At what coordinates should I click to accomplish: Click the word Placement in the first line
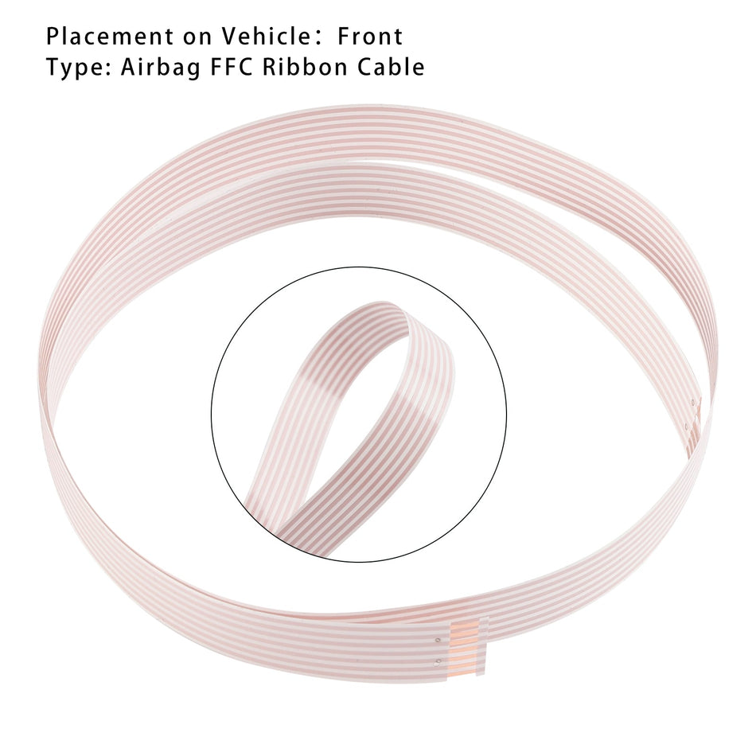(x=110, y=37)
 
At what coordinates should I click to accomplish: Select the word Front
(x=370, y=37)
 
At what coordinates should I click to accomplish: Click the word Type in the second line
(x=76, y=68)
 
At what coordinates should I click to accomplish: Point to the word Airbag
(x=160, y=68)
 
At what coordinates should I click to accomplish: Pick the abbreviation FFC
(x=231, y=67)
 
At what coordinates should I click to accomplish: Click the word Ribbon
(x=305, y=67)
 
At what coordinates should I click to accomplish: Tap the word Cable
(x=391, y=67)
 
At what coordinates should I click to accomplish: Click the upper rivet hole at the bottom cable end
(x=437, y=641)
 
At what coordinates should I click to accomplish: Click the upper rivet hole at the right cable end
(x=693, y=402)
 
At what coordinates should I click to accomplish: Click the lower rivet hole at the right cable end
(x=686, y=427)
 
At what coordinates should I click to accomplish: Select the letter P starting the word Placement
(x=53, y=37)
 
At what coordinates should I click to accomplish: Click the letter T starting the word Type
(x=54, y=67)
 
